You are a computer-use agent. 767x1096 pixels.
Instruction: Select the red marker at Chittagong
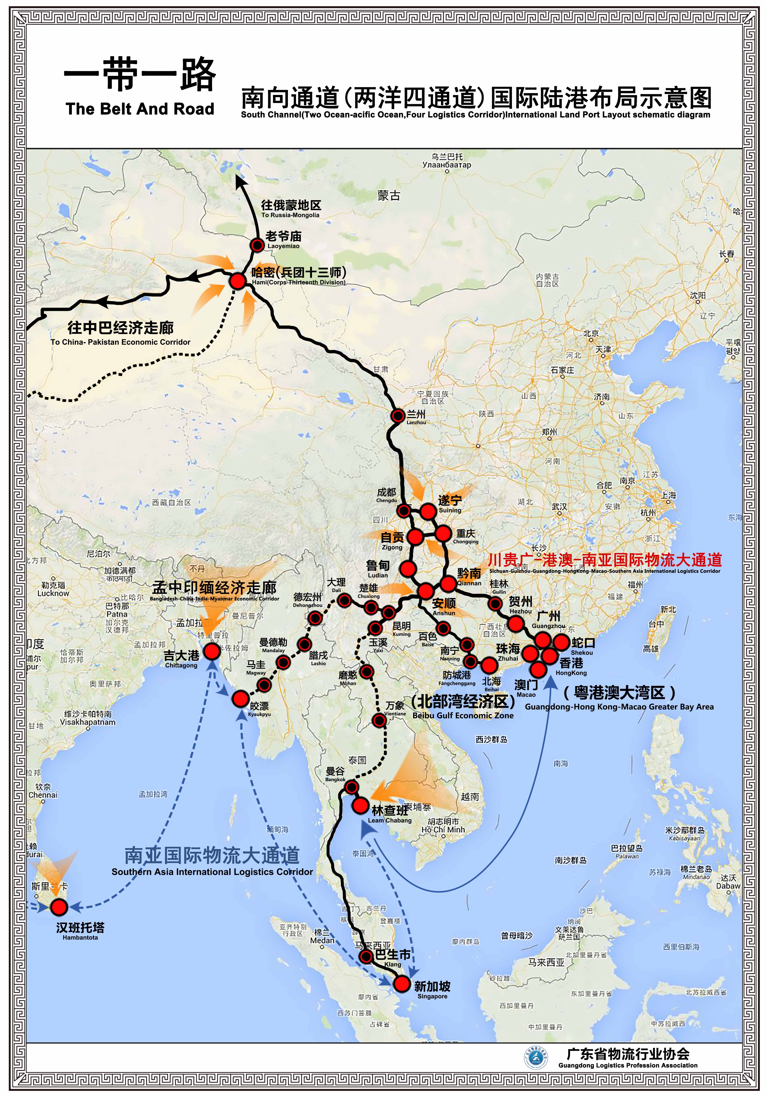(x=212, y=651)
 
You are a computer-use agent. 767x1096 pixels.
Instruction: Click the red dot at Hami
(x=237, y=281)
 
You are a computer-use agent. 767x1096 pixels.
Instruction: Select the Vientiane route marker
(x=379, y=720)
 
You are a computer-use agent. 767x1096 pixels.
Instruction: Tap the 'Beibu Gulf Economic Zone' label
(x=463, y=715)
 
